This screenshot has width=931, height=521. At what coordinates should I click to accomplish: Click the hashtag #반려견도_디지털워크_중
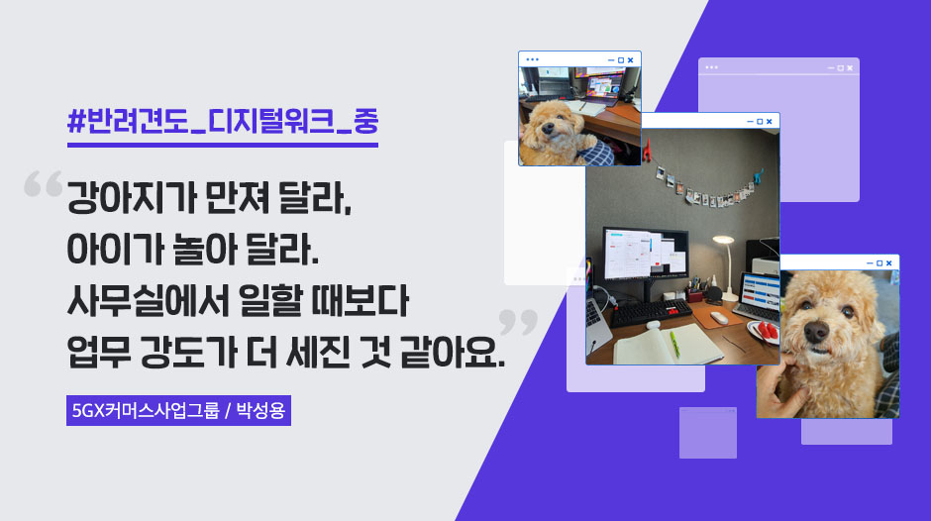pos(223,123)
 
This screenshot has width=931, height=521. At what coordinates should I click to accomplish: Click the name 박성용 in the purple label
pos(261,409)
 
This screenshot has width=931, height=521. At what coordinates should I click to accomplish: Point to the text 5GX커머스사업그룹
pos(146,409)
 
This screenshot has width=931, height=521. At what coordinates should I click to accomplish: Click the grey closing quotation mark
pos(517,321)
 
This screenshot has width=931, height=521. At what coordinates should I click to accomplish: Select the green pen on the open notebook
pos(674,343)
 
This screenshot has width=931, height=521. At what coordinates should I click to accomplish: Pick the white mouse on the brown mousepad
pos(718,317)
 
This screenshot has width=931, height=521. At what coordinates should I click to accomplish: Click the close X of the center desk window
pos(770,121)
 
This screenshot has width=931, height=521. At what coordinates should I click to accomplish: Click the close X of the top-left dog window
pos(631,59)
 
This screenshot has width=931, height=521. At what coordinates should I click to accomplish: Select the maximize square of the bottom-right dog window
pos(879,262)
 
